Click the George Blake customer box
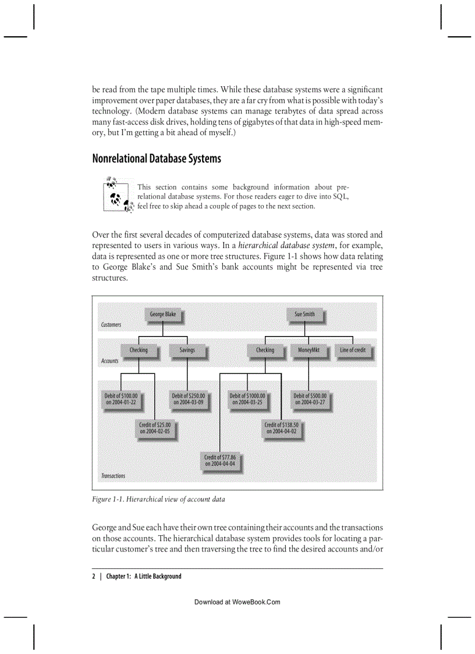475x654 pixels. [x=162, y=314]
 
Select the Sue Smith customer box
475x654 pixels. [x=304, y=314]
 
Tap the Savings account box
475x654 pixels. [x=187, y=351]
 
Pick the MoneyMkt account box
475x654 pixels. [x=308, y=351]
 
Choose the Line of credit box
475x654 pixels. [x=353, y=351]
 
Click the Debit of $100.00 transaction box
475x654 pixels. [x=120, y=399]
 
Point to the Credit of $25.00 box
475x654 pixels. [x=154, y=428]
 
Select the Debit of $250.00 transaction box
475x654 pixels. [x=187, y=399]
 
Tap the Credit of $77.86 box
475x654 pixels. [x=219, y=461]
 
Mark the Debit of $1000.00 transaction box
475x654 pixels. [x=247, y=399]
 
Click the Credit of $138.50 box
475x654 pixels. [x=281, y=428]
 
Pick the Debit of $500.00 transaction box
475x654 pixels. [x=310, y=399]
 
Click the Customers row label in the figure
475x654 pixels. [x=111, y=325]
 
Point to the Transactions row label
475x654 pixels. [x=113, y=476]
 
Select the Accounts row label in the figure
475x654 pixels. [x=109, y=361]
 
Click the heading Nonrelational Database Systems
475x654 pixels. [x=157, y=158]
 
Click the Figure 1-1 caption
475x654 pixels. [x=158, y=499]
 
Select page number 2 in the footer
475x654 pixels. [x=94, y=577]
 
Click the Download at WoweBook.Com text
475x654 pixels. [x=237, y=602]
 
